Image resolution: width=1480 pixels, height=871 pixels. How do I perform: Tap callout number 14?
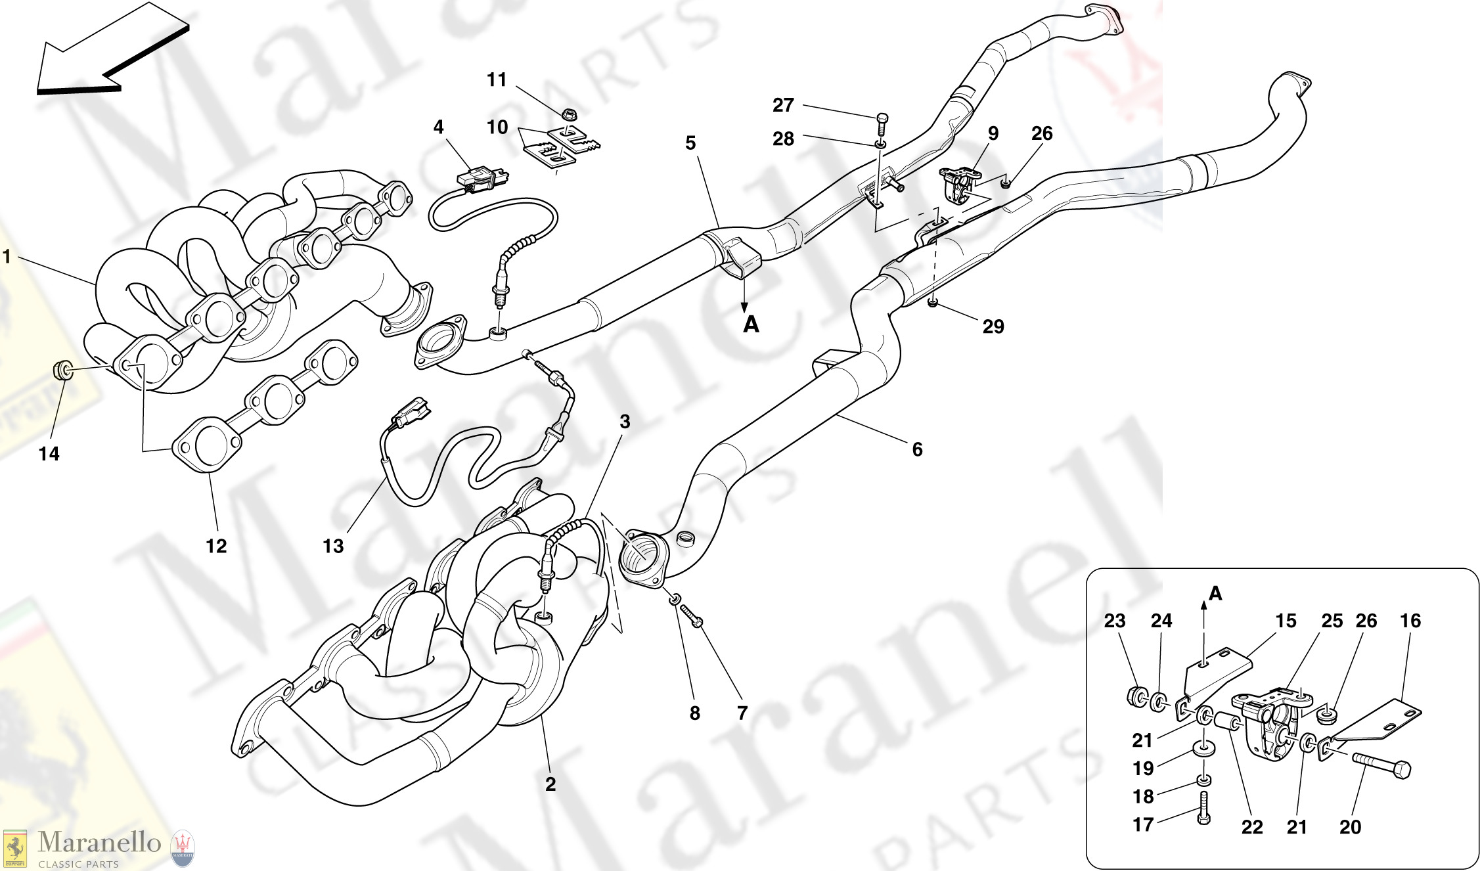click(49, 454)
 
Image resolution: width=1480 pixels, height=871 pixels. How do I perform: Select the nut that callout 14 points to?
click(63, 370)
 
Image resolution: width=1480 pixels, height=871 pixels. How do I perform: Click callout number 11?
click(497, 80)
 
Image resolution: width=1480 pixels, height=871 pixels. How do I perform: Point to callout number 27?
click(783, 105)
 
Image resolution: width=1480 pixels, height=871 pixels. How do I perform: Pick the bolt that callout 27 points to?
click(882, 123)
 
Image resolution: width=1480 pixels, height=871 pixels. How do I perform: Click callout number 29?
click(993, 326)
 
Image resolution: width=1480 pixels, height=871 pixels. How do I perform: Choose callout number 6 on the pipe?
click(917, 449)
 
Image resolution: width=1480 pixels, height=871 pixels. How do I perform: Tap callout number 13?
click(333, 546)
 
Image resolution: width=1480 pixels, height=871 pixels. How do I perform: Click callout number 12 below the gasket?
click(216, 546)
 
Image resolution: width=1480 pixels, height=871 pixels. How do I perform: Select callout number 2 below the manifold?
click(550, 784)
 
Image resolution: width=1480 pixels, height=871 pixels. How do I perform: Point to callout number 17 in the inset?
click(1143, 824)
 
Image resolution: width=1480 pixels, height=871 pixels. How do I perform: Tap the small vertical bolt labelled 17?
click(1203, 807)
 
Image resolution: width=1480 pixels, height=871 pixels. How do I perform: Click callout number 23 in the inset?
click(1115, 621)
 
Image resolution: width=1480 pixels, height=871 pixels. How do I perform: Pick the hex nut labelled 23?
click(1136, 696)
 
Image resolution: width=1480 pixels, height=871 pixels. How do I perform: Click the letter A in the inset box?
click(1215, 594)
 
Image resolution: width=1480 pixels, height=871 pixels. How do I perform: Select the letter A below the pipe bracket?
click(751, 324)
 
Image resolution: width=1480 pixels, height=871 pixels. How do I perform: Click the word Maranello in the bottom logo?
click(99, 842)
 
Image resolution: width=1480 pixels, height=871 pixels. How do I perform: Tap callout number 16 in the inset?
click(1410, 621)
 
